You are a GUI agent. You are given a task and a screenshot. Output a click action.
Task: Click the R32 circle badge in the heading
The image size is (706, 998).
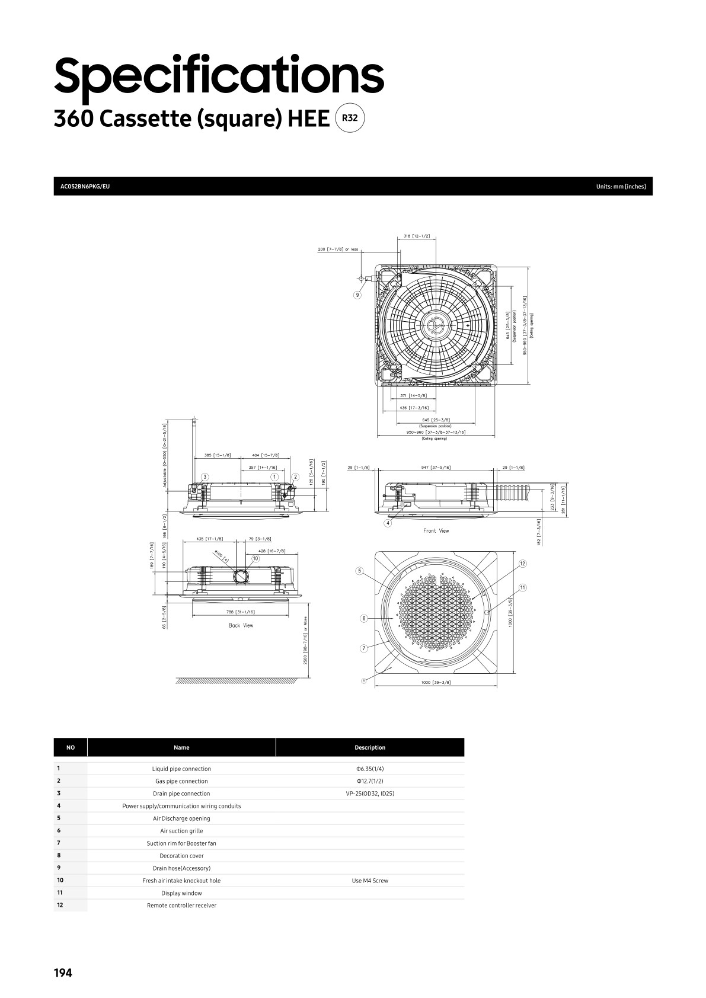(x=350, y=118)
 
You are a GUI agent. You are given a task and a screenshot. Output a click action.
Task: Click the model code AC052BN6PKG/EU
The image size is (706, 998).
(x=85, y=187)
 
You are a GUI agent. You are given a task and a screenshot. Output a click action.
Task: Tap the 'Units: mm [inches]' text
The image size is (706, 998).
(x=621, y=187)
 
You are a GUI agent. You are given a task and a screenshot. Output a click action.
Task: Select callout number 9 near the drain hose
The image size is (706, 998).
(x=357, y=295)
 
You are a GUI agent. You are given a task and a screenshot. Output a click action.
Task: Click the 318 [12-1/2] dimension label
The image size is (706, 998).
(x=417, y=236)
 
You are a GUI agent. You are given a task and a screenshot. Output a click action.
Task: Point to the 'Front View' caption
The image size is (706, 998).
(x=436, y=531)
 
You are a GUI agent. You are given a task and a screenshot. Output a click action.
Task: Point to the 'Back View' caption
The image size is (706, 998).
(x=241, y=625)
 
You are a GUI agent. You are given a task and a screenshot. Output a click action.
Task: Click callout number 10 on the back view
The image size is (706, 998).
(x=255, y=558)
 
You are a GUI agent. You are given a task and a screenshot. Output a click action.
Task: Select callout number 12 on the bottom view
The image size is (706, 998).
(x=522, y=563)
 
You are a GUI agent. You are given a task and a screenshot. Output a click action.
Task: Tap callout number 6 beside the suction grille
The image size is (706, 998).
(x=364, y=619)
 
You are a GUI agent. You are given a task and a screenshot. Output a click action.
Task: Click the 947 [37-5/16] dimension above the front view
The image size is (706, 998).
(x=436, y=468)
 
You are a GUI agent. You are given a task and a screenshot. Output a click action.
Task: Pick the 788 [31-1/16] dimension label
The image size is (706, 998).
(x=240, y=612)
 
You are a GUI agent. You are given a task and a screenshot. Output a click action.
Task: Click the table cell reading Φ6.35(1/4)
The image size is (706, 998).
(x=370, y=769)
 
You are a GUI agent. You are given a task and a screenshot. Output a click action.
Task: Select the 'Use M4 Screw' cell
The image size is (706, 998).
(x=370, y=881)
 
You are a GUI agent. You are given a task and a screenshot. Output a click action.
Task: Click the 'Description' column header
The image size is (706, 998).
(x=370, y=747)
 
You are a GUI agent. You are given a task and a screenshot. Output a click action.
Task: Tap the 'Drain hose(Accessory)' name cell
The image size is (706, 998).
(x=181, y=868)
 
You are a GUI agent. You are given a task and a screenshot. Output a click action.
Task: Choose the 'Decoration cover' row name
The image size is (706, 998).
(x=181, y=856)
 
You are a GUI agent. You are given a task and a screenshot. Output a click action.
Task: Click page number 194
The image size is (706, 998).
(x=63, y=973)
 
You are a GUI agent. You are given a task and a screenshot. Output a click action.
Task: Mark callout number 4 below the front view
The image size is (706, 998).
(x=388, y=523)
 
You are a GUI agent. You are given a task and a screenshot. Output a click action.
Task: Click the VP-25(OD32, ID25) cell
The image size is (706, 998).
(x=370, y=794)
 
